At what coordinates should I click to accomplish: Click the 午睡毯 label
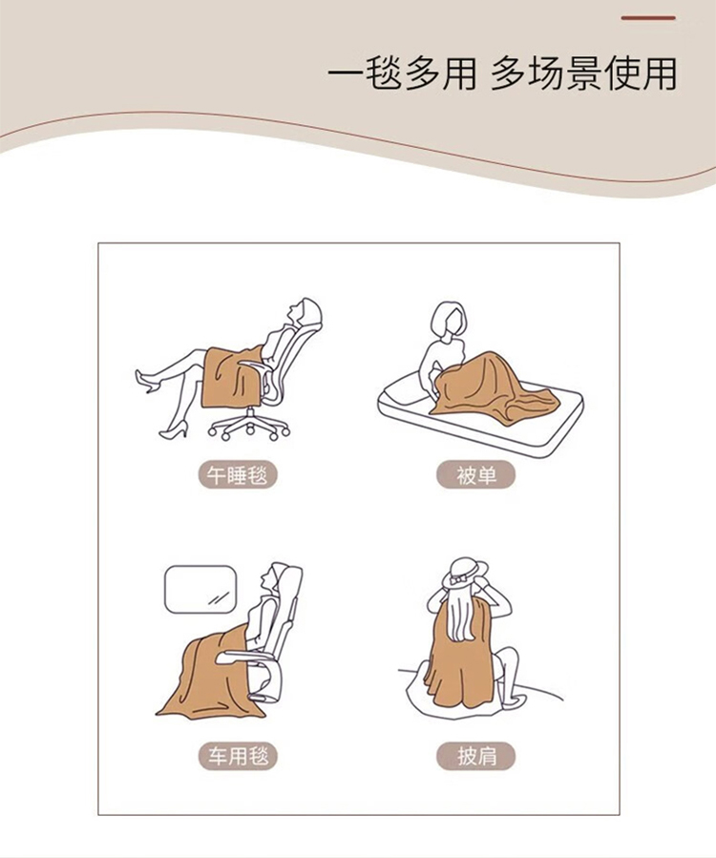point(238,475)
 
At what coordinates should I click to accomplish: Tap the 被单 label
point(475,475)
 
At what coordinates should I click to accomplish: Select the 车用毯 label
point(238,756)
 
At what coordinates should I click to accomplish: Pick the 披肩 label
point(475,756)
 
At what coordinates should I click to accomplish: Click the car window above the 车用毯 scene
point(200,589)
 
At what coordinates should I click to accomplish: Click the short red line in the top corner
point(648,18)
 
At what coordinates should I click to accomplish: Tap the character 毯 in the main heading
point(382,73)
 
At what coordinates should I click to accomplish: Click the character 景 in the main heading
point(583,73)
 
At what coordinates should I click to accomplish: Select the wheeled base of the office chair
point(248,425)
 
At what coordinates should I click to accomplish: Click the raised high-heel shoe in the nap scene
point(146,381)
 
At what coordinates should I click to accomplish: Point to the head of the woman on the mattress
point(449,319)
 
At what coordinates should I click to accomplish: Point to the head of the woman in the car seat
point(274,577)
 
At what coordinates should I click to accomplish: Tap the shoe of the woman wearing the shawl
point(507,697)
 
